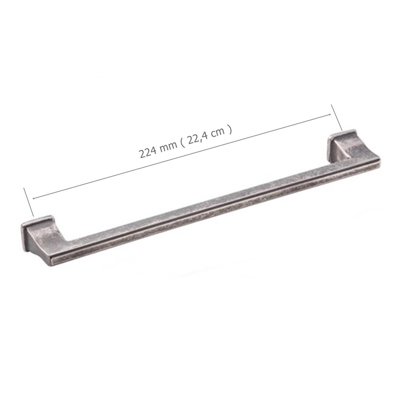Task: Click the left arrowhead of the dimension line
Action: pyautogui.click(x=34, y=198)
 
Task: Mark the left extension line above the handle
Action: pyautogui.click(x=29, y=202)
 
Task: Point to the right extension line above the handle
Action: pyautogui.click(x=336, y=117)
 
